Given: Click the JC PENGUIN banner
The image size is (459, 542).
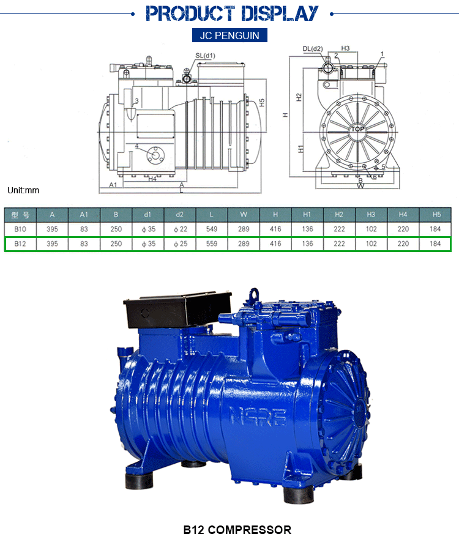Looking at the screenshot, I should pyautogui.click(x=229, y=35).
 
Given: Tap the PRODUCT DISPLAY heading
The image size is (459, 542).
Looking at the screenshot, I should pyautogui.click(x=233, y=13).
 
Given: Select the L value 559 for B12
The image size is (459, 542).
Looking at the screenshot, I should pyautogui.click(x=212, y=243).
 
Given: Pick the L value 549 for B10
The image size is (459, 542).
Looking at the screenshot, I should pyautogui.click(x=212, y=229).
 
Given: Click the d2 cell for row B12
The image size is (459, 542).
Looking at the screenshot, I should pyautogui.click(x=180, y=243).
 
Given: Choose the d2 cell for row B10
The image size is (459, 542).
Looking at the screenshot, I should pyautogui.click(x=180, y=229).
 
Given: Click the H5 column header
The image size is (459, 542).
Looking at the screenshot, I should pyautogui.click(x=435, y=214).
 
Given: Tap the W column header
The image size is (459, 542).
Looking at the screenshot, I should pyautogui.click(x=244, y=214).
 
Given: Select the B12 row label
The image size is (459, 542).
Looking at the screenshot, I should pyautogui.click(x=20, y=243).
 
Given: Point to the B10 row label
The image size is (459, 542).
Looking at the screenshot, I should pyautogui.click(x=20, y=229).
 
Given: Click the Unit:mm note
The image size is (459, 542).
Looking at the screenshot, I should pyautogui.click(x=23, y=190).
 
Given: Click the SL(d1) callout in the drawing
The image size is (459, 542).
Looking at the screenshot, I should pyautogui.click(x=205, y=56).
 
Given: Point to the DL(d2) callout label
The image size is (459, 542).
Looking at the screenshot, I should pyautogui.click(x=313, y=48).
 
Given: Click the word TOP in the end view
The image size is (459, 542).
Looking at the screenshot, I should pyautogui.click(x=357, y=129).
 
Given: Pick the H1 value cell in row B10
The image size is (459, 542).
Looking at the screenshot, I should pyautogui.click(x=307, y=229).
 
